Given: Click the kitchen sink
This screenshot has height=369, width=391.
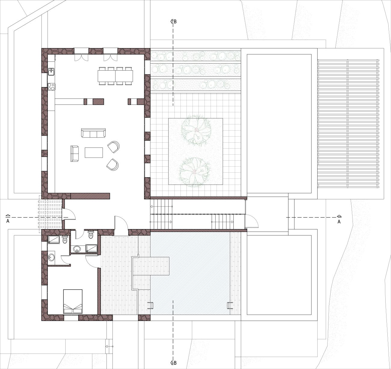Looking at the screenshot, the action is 51,71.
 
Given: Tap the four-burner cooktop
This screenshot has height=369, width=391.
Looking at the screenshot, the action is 51,87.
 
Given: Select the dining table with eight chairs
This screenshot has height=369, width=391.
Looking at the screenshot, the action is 115,76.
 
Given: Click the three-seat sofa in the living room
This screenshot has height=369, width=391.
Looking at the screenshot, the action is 93,133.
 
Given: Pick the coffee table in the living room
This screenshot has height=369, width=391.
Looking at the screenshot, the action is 94,152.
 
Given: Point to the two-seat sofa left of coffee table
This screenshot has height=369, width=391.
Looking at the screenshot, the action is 74,153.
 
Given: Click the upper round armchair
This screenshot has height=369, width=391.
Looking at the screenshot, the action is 114,147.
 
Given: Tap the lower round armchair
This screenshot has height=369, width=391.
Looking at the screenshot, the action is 112,165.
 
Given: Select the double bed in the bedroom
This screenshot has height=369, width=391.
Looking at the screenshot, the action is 73,301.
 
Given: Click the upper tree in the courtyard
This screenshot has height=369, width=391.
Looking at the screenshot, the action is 196,130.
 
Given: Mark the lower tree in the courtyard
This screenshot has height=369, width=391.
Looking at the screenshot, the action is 195,172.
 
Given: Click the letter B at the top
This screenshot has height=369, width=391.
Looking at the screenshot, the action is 175,22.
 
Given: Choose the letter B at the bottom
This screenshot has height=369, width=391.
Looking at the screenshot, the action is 175,363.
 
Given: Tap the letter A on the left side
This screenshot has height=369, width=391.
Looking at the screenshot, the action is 8,221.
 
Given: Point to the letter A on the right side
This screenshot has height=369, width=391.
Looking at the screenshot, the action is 339,222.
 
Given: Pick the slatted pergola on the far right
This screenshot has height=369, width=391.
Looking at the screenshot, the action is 348,123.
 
